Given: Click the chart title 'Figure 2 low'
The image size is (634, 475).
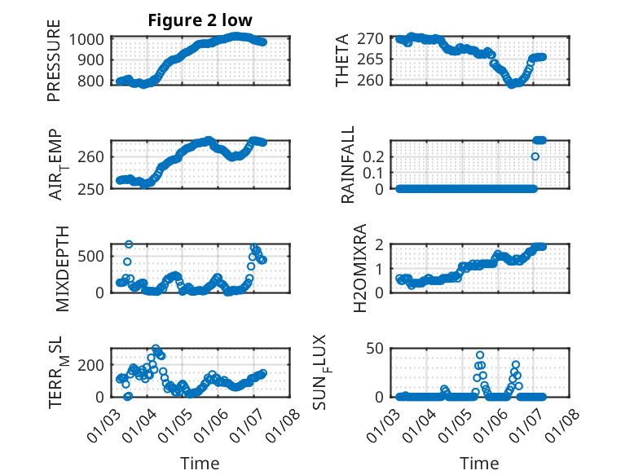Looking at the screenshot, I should tap(200, 20).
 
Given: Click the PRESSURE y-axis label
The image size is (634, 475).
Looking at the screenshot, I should tap(54, 66).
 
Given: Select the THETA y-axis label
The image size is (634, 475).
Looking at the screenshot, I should tap(343, 60).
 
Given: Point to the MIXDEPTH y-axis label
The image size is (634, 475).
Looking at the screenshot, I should tap(64, 268).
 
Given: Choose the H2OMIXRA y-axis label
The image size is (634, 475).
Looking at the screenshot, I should tap(343, 268).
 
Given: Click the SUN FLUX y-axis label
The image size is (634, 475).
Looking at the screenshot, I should tap(341, 372).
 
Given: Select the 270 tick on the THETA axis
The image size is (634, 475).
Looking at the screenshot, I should tap(372, 39).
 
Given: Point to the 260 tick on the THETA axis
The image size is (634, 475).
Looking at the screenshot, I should tap(372, 81).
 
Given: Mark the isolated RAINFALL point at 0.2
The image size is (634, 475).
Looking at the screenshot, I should tap(535, 156).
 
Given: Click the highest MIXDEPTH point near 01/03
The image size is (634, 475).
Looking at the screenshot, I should tap(129, 244).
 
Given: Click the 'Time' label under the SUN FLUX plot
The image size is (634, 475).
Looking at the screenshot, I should tap(478, 463).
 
